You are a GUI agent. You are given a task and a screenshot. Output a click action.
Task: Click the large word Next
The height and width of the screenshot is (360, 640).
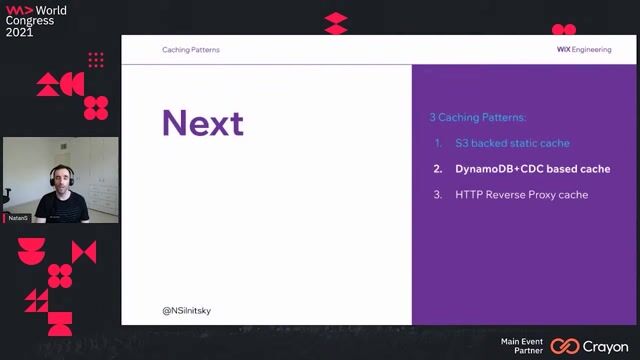pos(203,123)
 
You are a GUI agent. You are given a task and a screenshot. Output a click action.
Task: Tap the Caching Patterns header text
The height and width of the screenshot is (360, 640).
pos(191,49)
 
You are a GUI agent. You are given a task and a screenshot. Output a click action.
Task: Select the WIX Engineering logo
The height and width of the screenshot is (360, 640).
pos(583,49)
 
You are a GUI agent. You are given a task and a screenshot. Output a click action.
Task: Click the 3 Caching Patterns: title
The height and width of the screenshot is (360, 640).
pos(477,117)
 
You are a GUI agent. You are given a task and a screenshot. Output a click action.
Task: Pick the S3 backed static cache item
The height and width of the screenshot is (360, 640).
pos(512,143)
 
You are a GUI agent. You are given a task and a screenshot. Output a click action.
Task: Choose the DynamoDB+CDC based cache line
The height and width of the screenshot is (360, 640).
pos(532,169)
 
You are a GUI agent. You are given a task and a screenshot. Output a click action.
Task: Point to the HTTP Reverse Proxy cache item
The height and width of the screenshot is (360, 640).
pos(521,194)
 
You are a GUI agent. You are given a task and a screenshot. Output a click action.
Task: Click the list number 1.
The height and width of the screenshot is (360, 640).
pos(438,143)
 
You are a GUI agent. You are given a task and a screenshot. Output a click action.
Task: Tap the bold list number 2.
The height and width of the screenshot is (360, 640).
pos(438,169)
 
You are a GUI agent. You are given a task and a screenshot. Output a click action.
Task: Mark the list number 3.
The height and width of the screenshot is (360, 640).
pos(438,194)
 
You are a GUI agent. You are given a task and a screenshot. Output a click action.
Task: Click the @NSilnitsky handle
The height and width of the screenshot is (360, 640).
pos(186,310)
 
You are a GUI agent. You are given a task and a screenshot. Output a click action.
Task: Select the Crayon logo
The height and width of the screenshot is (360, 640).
pos(590,346)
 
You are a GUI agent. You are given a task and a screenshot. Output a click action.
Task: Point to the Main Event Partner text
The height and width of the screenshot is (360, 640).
pos(522,346)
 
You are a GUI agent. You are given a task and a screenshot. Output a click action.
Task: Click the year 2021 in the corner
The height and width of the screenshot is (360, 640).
pos(19,32)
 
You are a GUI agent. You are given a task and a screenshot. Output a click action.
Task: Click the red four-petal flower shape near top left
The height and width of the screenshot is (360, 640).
pos(96,107)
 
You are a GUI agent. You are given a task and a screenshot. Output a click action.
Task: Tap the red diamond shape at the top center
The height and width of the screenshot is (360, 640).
pos(336,23)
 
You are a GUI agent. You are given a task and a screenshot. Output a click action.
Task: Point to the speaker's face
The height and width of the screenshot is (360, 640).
pos(61,182)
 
